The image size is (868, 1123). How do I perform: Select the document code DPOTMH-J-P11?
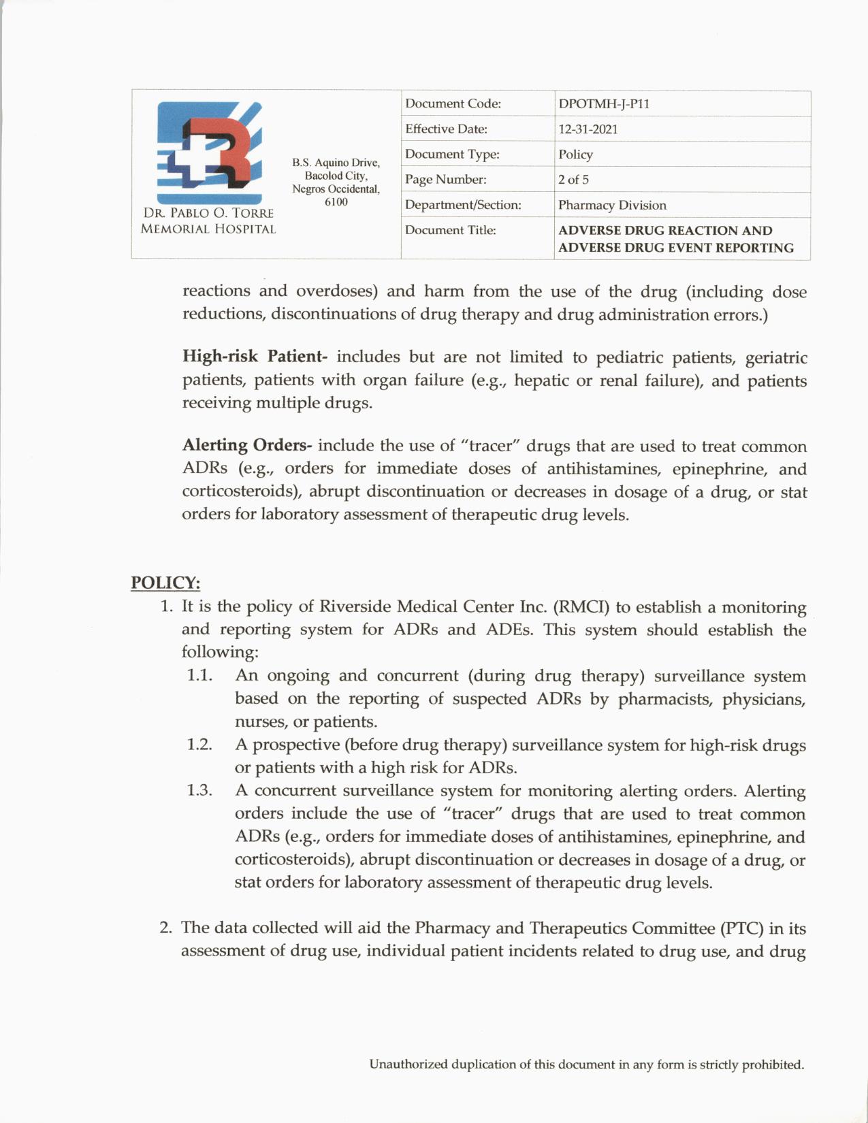604,104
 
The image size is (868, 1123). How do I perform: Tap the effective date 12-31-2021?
588,129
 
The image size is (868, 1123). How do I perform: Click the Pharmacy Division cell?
612,205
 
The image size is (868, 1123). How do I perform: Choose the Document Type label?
452,154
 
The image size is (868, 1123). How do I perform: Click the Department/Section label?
463,205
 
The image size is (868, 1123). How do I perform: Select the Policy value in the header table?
575,154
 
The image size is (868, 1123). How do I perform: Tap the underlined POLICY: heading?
165,583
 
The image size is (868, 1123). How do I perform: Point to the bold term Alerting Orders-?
247,446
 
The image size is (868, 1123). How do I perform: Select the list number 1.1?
199,675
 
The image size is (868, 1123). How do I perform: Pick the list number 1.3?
199,790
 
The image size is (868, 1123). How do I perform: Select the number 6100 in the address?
336,201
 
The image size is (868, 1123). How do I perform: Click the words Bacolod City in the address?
336,176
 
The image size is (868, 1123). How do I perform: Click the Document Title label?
450,231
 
